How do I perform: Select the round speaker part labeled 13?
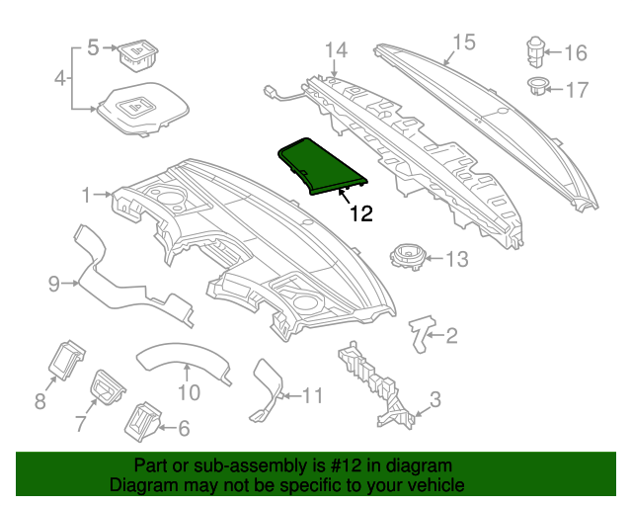tap(408, 256)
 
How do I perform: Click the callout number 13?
tap(456, 259)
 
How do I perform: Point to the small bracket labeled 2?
tap(424, 331)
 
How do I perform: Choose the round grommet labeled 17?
tap(539, 86)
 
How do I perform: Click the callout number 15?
tap(464, 42)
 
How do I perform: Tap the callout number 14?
tap(337, 49)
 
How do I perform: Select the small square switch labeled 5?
tap(137, 51)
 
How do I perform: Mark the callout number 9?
tap(55, 285)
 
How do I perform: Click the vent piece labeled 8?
tap(66, 359)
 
